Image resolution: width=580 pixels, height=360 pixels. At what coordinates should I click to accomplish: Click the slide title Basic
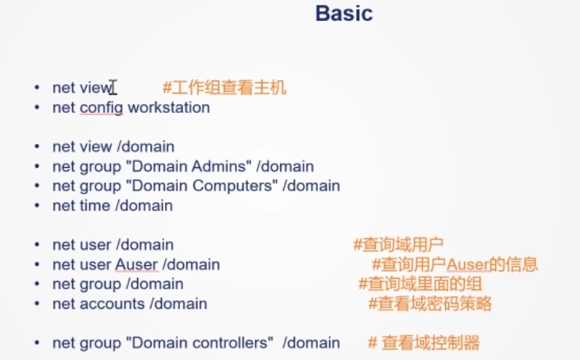(x=343, y=14)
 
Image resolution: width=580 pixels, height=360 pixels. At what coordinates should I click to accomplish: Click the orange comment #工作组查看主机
(x=224, y=88)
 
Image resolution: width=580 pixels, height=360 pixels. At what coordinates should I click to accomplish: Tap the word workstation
(x=169, y=108)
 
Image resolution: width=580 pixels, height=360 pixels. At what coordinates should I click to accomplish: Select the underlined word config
(x=101, y=108)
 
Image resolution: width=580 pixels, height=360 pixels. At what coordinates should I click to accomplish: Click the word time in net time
(x=93, y=206)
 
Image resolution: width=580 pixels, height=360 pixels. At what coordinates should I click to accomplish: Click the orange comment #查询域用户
(x=398, y=245)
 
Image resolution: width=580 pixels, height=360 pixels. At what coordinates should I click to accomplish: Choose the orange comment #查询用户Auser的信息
(x=455, y=264)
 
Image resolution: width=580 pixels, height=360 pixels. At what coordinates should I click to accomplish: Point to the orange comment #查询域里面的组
(x=420, y=284)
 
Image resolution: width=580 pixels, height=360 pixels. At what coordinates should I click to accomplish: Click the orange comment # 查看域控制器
(x=423, y=343)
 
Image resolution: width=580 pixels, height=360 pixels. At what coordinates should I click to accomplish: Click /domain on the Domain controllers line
(x=311, y=343)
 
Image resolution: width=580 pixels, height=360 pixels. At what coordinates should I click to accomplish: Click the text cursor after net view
(x=113, y=88)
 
